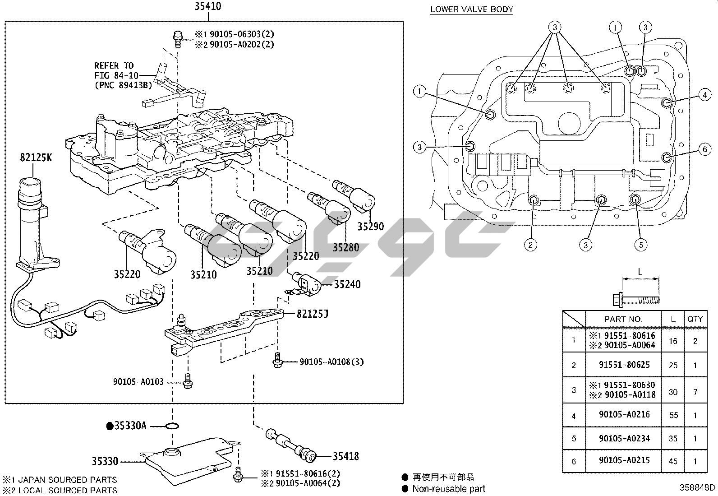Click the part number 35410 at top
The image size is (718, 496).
point(208,6)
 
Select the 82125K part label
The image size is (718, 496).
point(36,158)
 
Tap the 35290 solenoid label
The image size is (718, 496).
point(371,226)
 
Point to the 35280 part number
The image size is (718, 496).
point(346,247)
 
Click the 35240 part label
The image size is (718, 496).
point(347,284)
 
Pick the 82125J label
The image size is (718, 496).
point(312,313)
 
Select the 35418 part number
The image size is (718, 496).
point(346,456)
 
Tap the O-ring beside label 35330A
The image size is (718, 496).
point(172,426)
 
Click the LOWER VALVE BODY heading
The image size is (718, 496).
point(471,9)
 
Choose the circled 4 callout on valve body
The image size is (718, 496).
point(704,95)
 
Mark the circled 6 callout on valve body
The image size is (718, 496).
point(704,149)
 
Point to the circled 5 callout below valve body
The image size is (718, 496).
point(640,245)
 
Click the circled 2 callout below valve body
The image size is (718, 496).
point(530,245)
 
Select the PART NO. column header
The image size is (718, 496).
point(623,319)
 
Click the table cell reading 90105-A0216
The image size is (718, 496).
point(624,414)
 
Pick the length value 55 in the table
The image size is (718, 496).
point(673,415)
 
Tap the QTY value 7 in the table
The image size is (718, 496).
point(695,391)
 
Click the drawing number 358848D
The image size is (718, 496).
point(698,488)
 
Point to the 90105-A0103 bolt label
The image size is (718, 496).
point(138,382)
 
